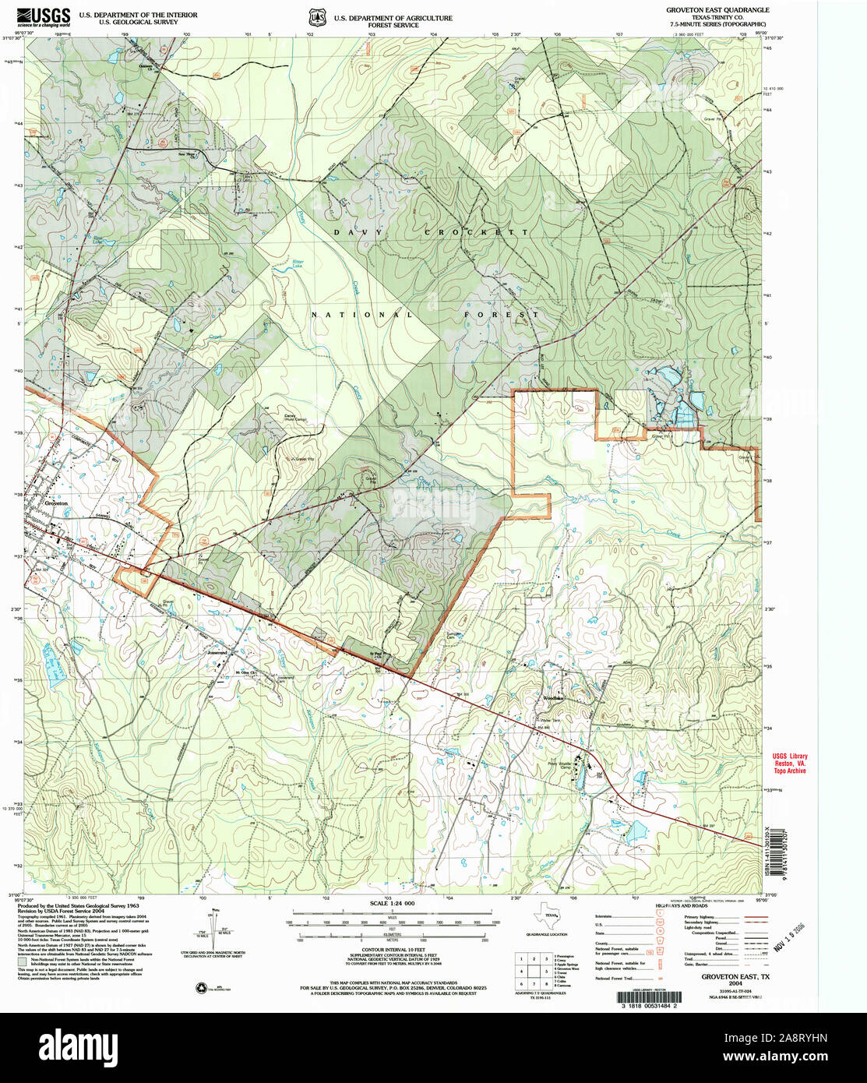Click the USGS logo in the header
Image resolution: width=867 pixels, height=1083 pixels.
tap(44, 16)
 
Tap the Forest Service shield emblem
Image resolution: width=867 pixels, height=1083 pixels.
tap(316, 16)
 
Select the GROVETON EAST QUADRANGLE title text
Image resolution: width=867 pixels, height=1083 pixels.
tap(717, 10)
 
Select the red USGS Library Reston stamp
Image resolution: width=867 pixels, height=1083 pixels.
tap(789, 763)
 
